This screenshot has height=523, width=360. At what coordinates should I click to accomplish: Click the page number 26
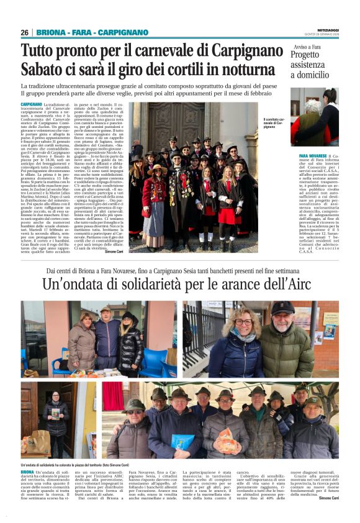(x=24, y=32)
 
